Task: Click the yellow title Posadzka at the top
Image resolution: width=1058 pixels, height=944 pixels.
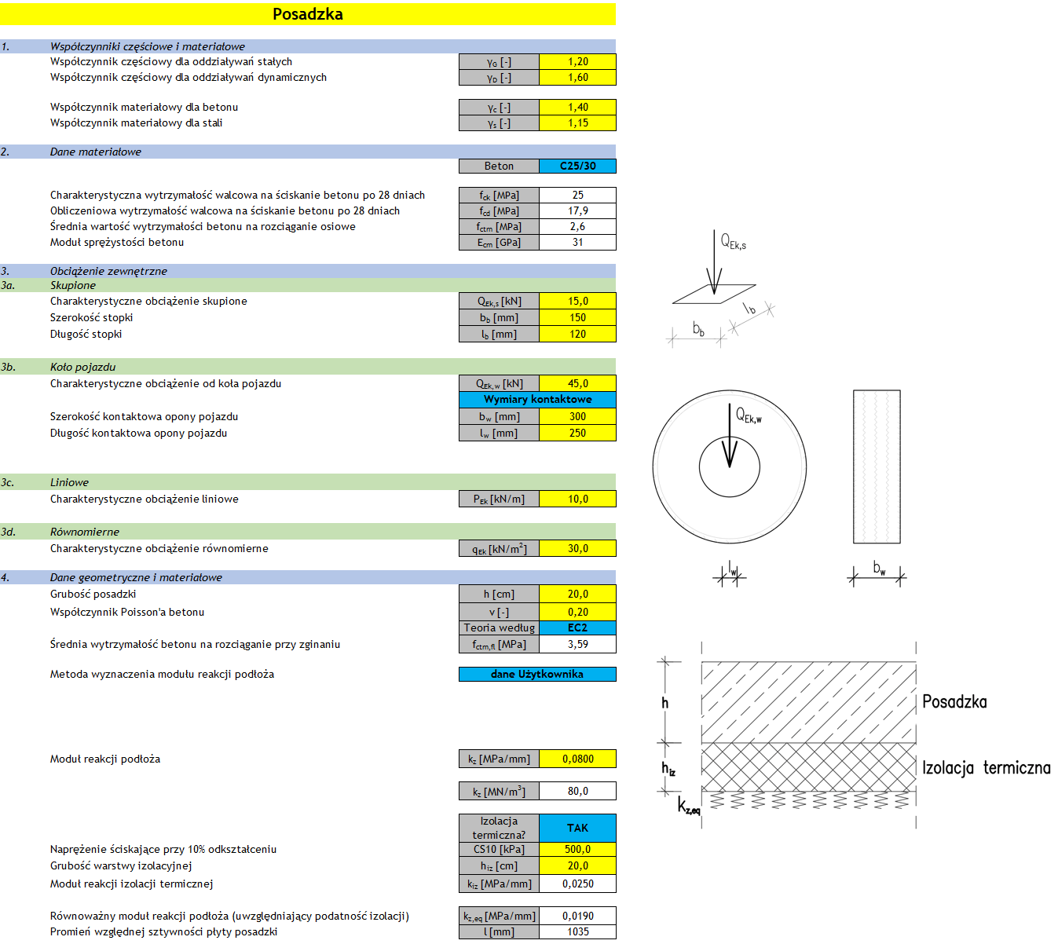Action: coord(307,14)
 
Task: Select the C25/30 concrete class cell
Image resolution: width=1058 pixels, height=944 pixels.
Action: coord(577,166)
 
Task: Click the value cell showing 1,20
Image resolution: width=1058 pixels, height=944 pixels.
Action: coord(577,61)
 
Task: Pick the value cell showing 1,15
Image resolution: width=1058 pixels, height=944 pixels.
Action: coord(577,123)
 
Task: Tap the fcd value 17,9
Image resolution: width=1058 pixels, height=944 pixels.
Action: coord(577,210)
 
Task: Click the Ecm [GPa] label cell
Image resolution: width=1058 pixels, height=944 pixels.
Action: coord(499,242)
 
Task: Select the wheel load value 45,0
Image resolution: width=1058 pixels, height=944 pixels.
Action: coord(577,383)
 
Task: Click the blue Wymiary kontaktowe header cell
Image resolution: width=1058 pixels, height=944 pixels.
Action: coord(537,399)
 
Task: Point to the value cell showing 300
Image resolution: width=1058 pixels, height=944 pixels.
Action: coord(577,416)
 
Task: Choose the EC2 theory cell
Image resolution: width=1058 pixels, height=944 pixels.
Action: coord(577,628)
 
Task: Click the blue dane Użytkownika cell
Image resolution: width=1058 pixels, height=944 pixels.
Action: coord(537,674)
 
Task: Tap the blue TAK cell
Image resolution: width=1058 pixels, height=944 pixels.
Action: coord(577,828)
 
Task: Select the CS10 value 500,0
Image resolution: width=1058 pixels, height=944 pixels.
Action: coord(577,849)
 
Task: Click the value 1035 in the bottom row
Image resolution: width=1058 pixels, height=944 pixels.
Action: coord(577,931)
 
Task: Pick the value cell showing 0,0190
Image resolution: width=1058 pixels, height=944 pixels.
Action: coord(577,916)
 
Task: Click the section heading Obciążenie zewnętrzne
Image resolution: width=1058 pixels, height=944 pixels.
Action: coord(108,271)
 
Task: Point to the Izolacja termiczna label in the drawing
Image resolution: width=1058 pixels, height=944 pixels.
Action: coord(986,767)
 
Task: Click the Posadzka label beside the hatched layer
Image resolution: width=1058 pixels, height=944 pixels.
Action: coord(954,702)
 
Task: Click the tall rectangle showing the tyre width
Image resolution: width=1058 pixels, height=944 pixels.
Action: coord(877,467)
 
